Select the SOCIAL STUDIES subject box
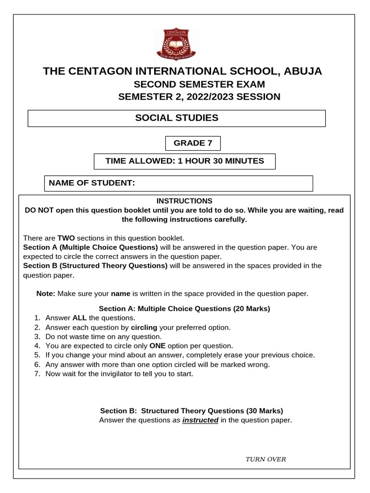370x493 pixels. (x=176, y=118)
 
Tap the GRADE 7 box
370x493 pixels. (x=192, y=143)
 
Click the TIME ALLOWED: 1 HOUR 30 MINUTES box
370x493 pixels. (x=185, y=161)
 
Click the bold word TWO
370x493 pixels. (x=66, y=238)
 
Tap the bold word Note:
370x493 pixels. (x=46, y=293)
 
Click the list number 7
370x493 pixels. (x=37, y=374)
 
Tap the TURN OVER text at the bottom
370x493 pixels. (x=265, y=459)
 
